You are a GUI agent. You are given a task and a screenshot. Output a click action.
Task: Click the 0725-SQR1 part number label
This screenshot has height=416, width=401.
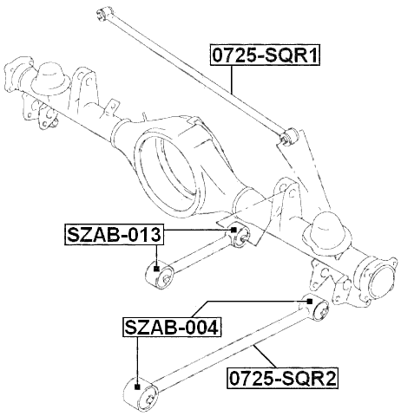pos(265,57)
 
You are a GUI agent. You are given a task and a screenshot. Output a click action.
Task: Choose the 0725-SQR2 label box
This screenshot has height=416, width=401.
pos(281,378)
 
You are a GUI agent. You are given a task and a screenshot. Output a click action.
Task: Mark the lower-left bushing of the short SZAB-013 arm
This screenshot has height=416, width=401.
pos(158,274)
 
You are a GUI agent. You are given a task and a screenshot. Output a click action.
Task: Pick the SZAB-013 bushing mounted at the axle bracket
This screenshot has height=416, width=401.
pos(239,235)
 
